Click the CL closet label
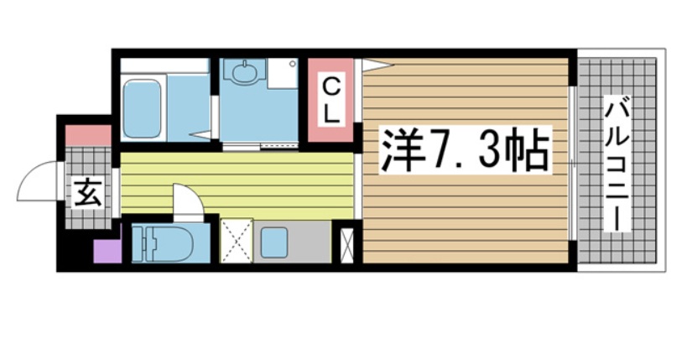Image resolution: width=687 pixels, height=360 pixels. pos(332,100)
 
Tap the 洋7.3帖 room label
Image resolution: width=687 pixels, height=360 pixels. pos(466,150)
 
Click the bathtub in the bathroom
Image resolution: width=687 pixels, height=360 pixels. pos(141,108)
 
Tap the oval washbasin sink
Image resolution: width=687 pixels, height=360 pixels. pos(246,74)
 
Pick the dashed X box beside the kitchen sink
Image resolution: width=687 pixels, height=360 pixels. pos(236,241)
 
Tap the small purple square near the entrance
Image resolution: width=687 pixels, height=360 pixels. pos(107,252)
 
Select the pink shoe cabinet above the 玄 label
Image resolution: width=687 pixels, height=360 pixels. pos(88,134)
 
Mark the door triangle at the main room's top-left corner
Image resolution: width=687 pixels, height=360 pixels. pos(376,65)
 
